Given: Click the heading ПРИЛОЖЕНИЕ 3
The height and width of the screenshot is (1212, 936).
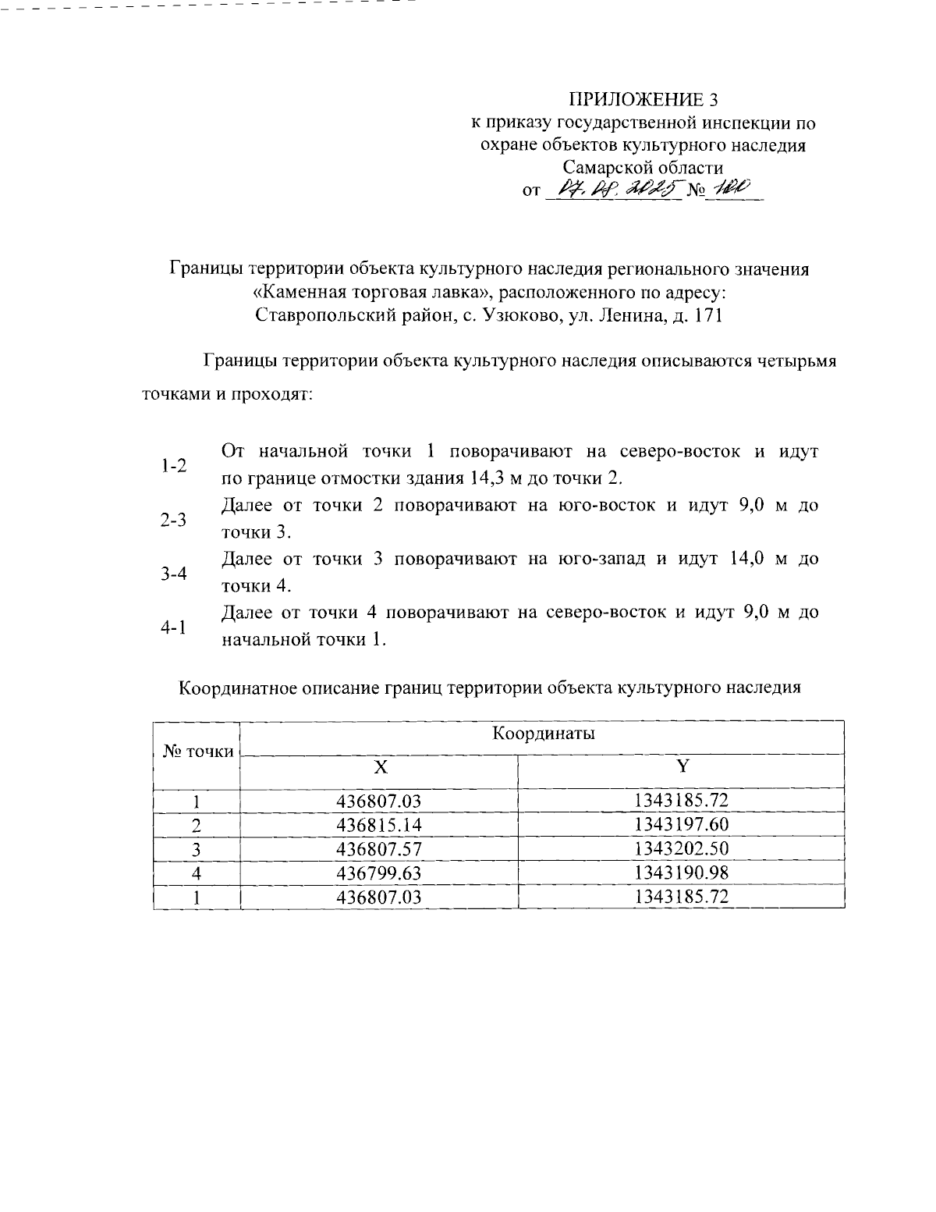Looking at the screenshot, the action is click(x=643, y=100).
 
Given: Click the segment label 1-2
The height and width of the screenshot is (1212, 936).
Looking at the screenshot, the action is click(x=173, y=467).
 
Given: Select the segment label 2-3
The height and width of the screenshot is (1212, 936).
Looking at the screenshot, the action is click(x=173, y=521).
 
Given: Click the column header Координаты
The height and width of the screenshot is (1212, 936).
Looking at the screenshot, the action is click(x=542, y=735).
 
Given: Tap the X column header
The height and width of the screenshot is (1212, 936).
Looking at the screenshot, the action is click(x=379, y=767).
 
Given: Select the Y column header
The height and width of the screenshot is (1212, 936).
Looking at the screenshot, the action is click(x=682, y=766).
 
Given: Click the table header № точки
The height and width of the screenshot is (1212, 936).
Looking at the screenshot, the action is click(x=198, y=752).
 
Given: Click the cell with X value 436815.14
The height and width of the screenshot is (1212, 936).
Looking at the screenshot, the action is click(x=378, y=825).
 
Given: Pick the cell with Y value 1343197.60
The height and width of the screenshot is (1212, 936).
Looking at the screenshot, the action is click(x=681, y=825).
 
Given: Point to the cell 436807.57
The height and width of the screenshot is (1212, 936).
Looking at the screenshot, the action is click(x=378, y=849).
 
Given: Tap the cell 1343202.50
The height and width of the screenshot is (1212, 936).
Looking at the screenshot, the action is click(x=681, y=849).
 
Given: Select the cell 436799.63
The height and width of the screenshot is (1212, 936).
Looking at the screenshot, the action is click(x=378, y=873).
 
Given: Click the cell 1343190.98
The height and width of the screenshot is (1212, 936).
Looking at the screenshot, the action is click(x=681, y=873).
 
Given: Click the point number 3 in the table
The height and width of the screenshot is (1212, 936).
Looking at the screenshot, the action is click(x=197, y=849).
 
